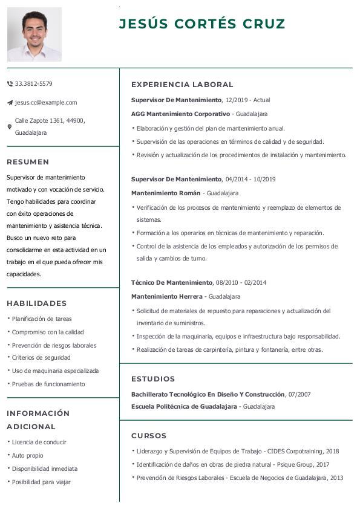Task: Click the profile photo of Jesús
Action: [x=34, y=34]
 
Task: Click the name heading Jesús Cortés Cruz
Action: [x=202, y=24]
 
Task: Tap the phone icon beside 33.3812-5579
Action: [x=10, y=83]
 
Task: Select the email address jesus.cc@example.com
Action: [x=46, y=102]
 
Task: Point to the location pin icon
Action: [x=9, y=127]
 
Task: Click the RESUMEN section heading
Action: [x=28, y=162]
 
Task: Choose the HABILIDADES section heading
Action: [x=36, y=303]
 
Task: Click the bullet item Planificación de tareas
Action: [x=42, y=319]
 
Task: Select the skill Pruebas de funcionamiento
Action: [x=48, y=384]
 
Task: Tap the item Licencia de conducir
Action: [x=39, y=442]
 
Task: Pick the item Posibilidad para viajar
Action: [x=41, y=482]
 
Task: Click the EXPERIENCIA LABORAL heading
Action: [x=182, y=85]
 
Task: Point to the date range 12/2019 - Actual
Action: [x=247, y=100]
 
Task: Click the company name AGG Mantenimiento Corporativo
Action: [x=180, y=114]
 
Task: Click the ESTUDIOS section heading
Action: [x=153, y=379]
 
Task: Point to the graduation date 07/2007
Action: [x=299, y=394]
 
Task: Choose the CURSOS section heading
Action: [x=149, y=436]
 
